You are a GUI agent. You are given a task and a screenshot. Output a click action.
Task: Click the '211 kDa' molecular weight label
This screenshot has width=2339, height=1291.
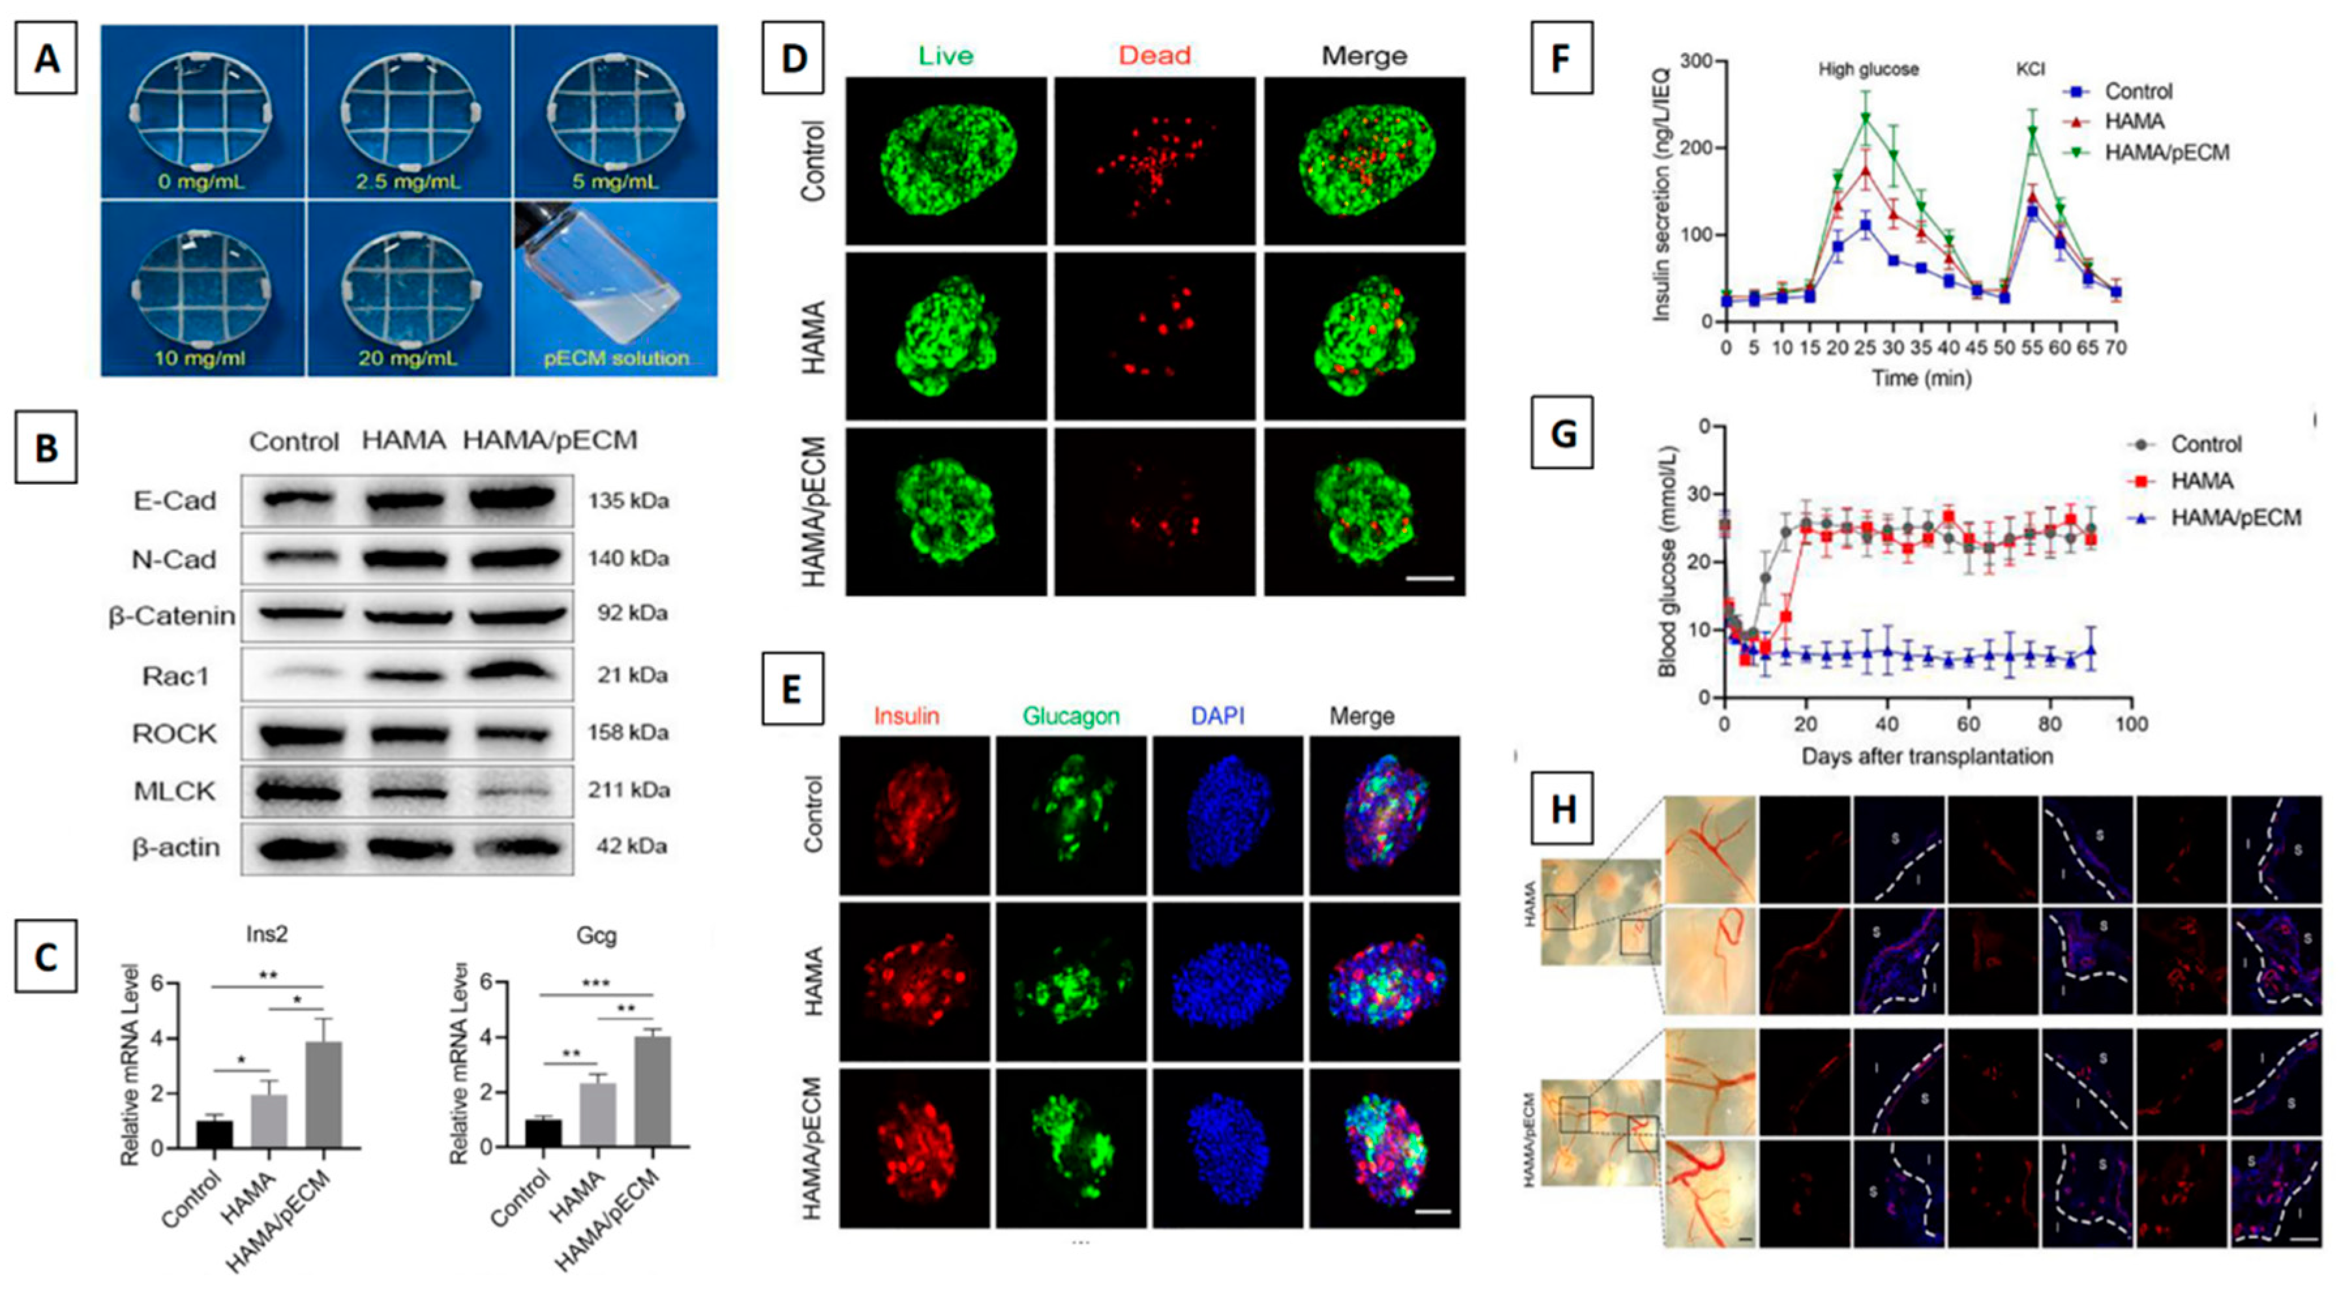pos(628,790)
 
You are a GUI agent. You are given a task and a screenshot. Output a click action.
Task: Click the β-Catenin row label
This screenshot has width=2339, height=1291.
pos(172,616)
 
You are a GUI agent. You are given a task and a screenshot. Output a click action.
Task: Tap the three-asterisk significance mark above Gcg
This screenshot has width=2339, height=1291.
pos(596,983)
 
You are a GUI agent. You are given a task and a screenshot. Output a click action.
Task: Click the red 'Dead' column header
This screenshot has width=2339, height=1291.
pos(1154,55)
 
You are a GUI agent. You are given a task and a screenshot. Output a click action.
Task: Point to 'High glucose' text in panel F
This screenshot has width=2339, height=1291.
pos(1868,70)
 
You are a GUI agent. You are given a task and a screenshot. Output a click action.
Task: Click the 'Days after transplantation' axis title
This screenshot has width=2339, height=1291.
pos(1927,756)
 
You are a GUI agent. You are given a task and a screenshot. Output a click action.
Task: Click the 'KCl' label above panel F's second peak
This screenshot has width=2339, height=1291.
pos(2030,70)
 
